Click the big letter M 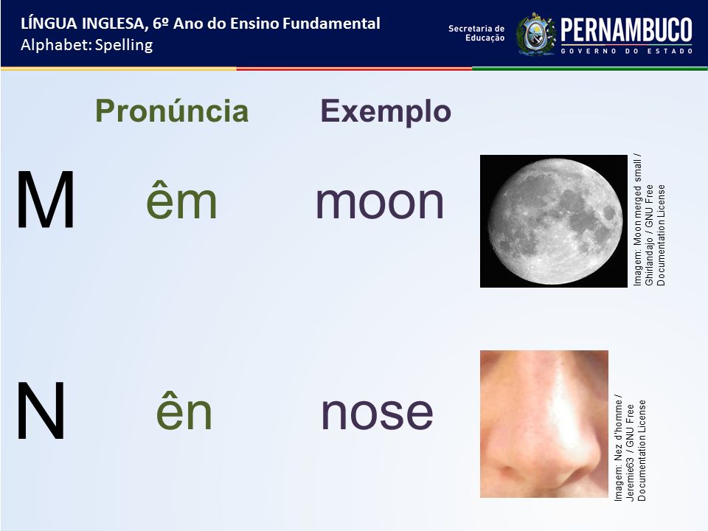pyautogui.click(x=45, y=200)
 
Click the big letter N pyautogui.click(x=41, y=410)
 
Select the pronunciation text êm pyautogui.click(x=181, y=200)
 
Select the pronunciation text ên pyautogui.click(x=184, y=411)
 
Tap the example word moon pyautogui.click(x=380, y=202)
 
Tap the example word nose pyautogui.click(x=377, y=413)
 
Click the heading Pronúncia pyautogui.click(x=172, y=111)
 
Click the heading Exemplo pyautogui.click(x=386, y=111)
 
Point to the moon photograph pyautogui.click(x=554, y=221)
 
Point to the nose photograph pyautogui.click(x=544, y=424)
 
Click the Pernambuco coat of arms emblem pyautogui.click(x=536, y=35)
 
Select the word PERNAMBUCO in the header pyautogui.click(x=626, y=30)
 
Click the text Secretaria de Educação pyautogui.click(x=476, y=33)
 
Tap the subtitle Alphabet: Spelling pyautogui.click(x=87, y=45)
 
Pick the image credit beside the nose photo pyautogui.click(x=630, y=447)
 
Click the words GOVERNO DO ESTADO pyautogui.click(x=627, y=51)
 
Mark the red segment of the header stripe pyautogui.click(x=354, y=69)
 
